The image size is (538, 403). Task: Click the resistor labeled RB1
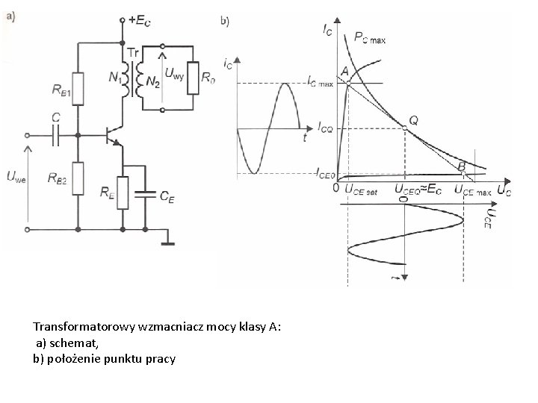pos(78,88)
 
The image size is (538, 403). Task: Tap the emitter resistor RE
pos(124,192)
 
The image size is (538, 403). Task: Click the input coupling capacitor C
pos(56,135)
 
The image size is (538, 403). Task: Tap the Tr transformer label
pos(133,53)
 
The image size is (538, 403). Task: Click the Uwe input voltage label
pos(16,177)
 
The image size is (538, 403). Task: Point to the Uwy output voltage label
pos(175,73)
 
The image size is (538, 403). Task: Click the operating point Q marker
pos(404,128)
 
